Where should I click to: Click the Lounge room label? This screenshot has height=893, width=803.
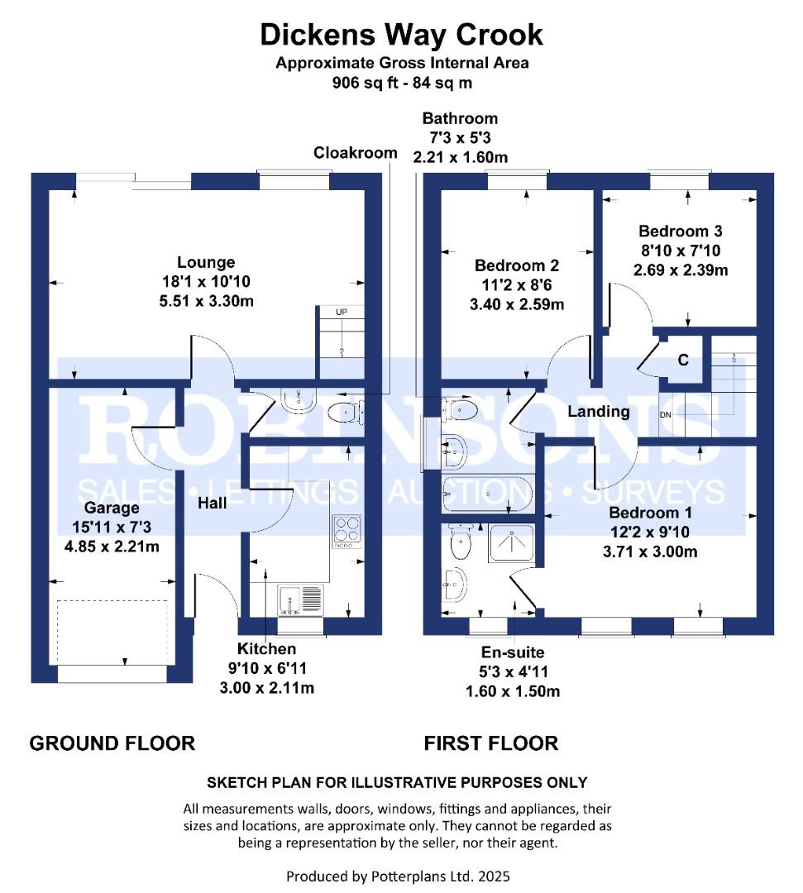(x=206, y=263)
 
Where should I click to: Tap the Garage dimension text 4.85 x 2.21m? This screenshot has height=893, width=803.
(x=112, y=547)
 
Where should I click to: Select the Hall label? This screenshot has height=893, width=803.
(x=213, y=503)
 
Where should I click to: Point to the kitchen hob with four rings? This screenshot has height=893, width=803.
(x=347, y=532)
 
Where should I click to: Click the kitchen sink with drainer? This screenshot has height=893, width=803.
(x=301, y=599)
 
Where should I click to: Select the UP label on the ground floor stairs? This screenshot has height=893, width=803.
(x=342, y=312)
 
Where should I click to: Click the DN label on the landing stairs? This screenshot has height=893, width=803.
(x=665, y=414)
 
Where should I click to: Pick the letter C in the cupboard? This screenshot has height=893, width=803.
(x=683, y=360)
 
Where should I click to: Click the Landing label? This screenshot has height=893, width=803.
(x=599, y=411)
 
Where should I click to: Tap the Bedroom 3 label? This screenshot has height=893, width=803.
(x=680, y=232)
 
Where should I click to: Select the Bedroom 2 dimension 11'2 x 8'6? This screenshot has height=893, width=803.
(x=517, y=284)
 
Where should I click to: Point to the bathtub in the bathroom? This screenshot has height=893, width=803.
(x=487, y=493)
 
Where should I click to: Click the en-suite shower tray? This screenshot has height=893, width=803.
(x=511, y=543)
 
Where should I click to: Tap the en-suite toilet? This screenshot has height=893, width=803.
(x=460, y=542)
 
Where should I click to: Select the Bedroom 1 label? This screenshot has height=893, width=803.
(x=650, y=513)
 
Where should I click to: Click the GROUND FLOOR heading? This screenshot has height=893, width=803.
(x=112, y=743)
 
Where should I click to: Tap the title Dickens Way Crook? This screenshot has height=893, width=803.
(x=402, y=35)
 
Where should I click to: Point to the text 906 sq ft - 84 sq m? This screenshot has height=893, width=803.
(x=402, y=83)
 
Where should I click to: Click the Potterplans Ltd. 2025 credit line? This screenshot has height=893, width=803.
(x=398, y=876)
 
